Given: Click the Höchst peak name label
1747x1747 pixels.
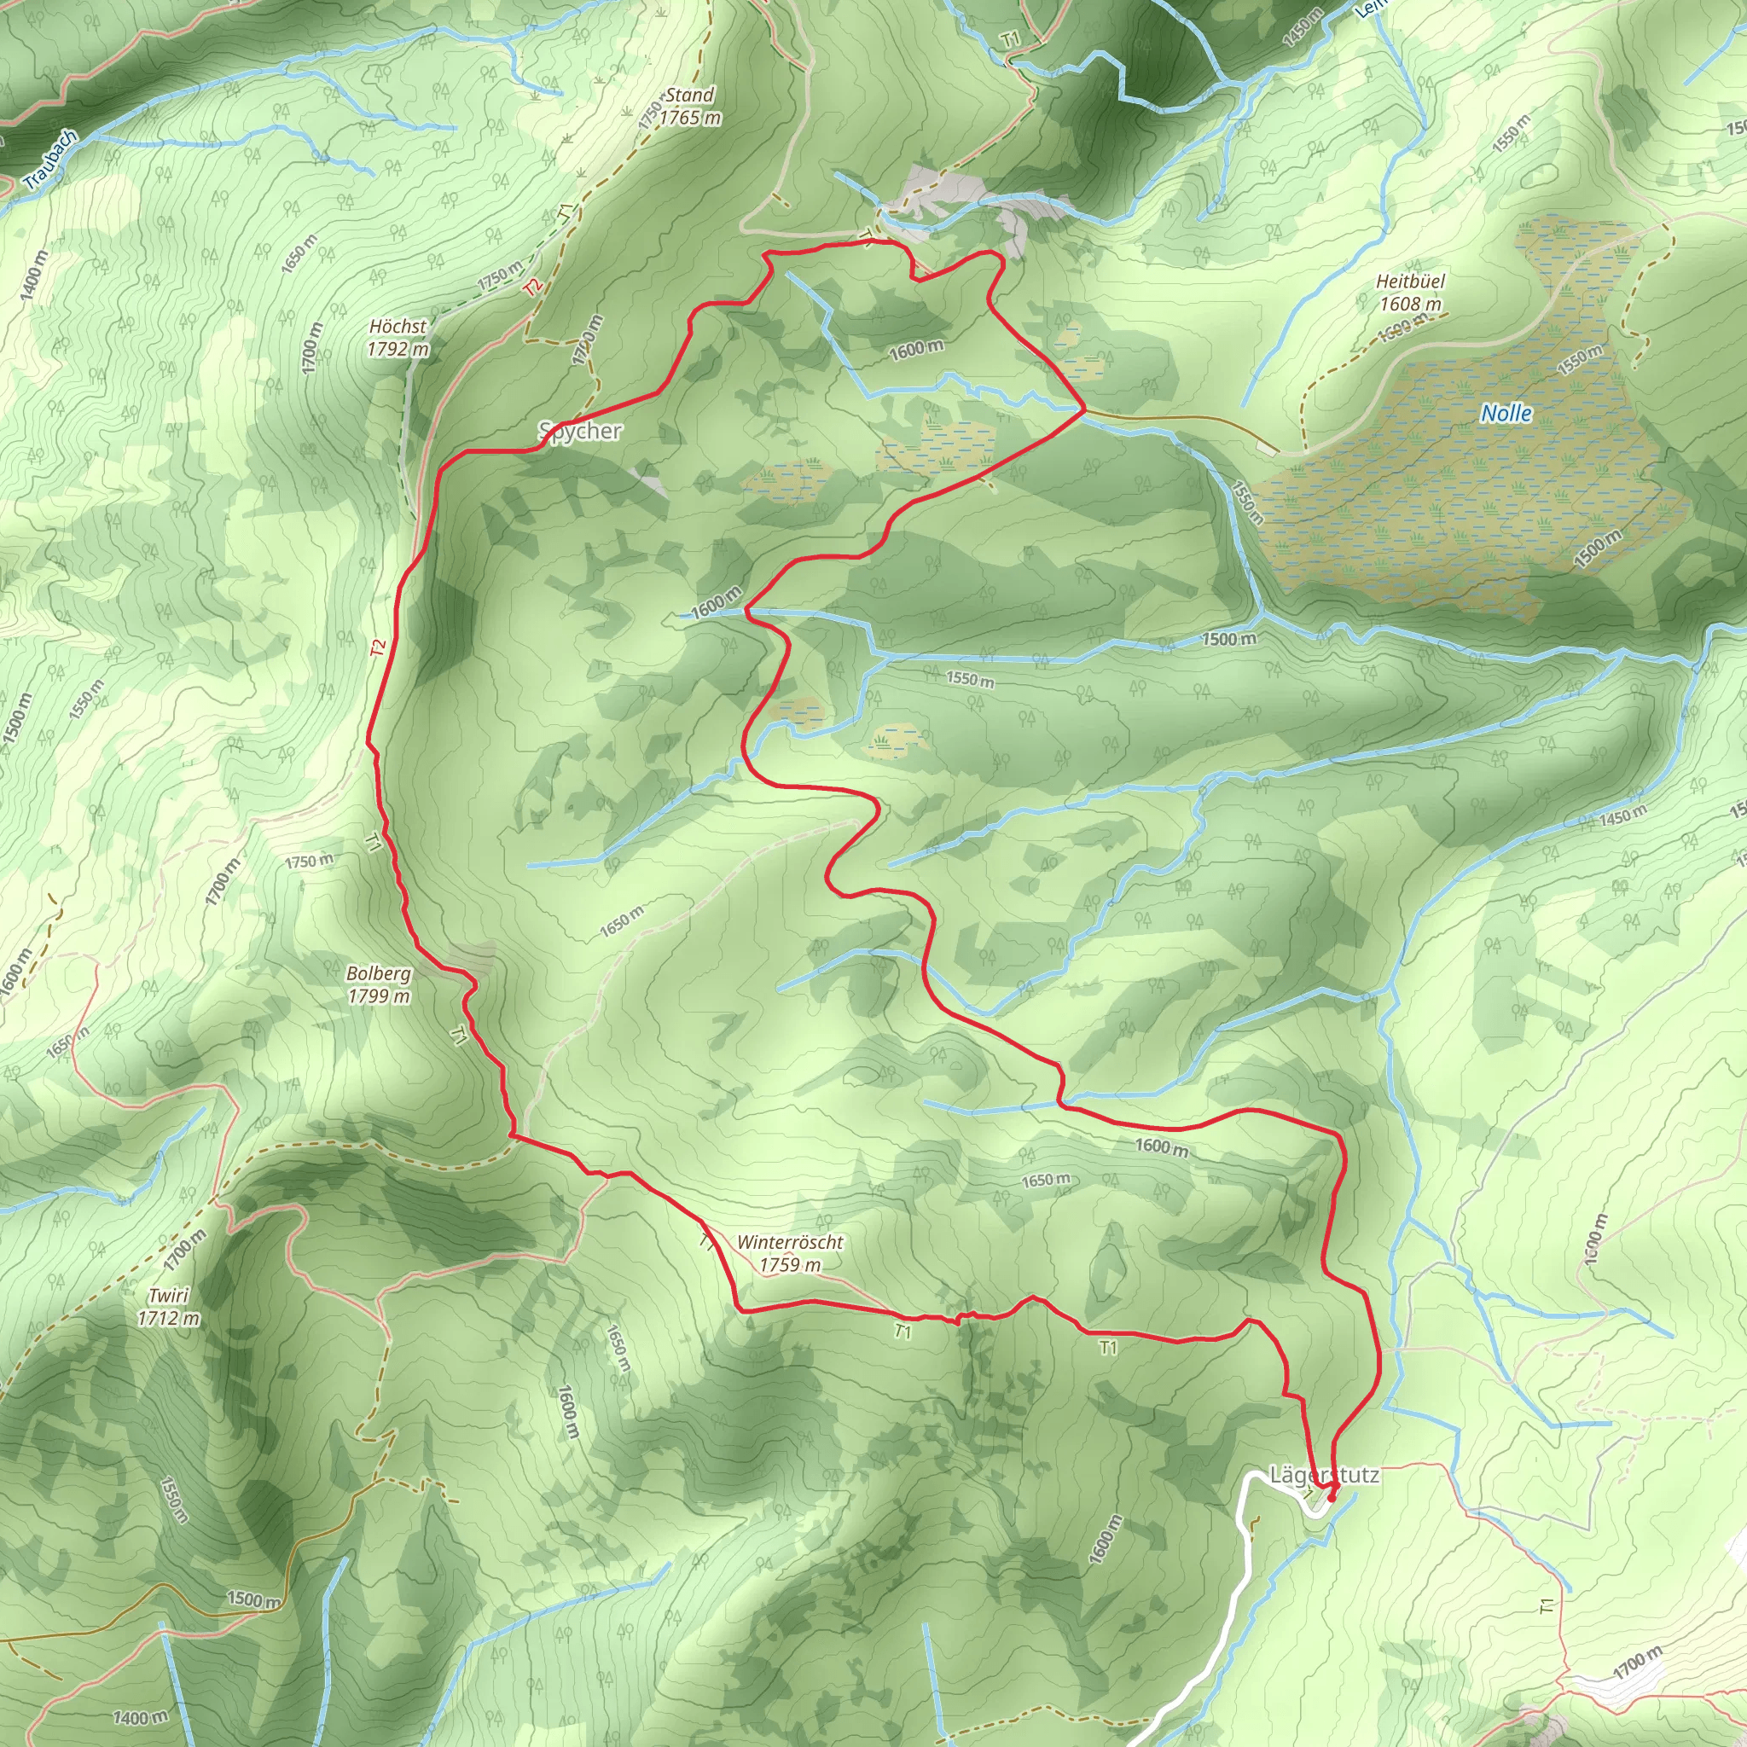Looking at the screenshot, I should [398, 327].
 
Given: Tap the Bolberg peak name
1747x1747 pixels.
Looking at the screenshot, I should [379, 974].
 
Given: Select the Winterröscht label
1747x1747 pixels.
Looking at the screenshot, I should [789, 1242].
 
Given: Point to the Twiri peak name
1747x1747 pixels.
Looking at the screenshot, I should [168, 1295].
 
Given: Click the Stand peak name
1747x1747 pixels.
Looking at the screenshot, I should [690, 95].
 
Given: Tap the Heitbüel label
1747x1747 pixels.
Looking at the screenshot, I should [1411, 281].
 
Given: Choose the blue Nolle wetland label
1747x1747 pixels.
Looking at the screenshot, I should [1506, 413].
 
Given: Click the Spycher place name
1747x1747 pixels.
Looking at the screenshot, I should [581, 431].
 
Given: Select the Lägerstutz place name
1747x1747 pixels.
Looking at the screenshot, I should [1325, 1475].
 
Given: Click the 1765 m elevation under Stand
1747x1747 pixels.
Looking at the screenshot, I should [690, 118].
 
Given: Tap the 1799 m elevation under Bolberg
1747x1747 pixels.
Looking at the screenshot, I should [379, 995].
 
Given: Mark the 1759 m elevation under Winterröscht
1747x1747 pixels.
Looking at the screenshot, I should [789, 1265].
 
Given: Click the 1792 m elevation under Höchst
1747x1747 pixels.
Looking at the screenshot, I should [398, 349].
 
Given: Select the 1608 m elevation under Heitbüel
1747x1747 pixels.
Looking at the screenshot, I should [1411, 304].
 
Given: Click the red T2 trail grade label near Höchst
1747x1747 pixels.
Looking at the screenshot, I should [533, 286].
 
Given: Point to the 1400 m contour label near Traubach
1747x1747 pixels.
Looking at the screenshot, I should [33, 275].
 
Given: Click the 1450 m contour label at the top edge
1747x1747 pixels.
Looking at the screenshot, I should [1303, 27].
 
